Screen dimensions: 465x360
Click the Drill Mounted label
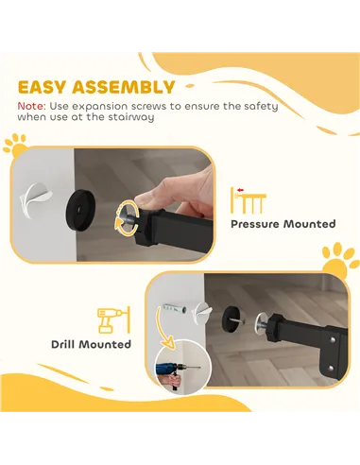pos(92,344)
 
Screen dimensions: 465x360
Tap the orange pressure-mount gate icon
pos(249,198)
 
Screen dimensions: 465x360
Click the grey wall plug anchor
pos(173,307)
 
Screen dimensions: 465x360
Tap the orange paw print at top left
pos(14,145)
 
